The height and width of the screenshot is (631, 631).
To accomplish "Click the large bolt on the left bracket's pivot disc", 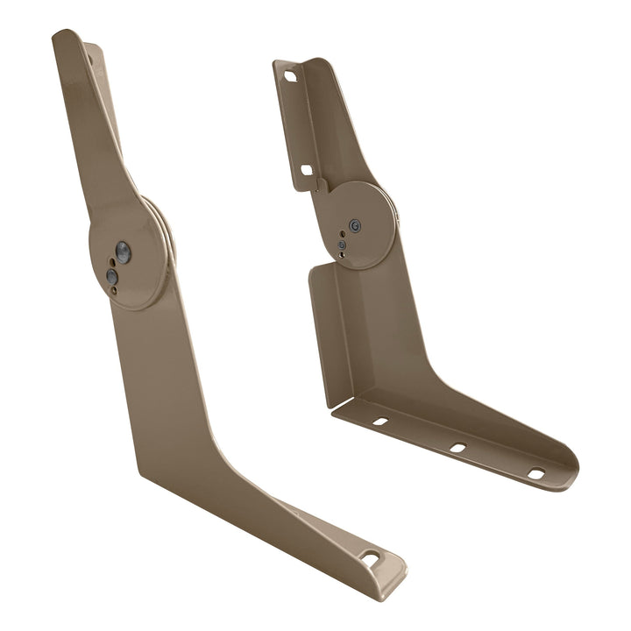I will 123,253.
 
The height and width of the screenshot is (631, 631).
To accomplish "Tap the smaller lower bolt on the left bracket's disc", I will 112,276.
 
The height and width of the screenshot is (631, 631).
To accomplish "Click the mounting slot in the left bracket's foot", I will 371,557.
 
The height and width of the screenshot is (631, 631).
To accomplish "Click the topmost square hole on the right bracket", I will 291,76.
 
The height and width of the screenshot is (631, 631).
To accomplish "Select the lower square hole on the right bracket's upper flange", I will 307,169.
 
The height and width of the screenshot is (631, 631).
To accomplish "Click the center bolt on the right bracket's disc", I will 354,225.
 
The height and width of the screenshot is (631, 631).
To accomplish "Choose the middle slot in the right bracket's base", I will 457,448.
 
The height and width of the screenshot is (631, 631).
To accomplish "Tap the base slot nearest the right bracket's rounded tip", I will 535,474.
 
